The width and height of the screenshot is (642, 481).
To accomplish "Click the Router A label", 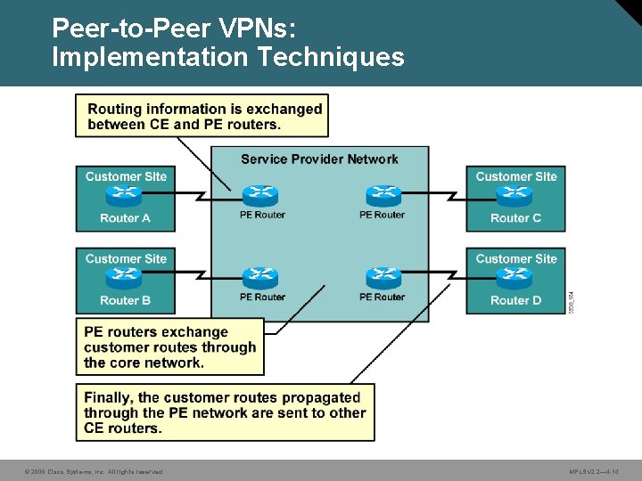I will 126,218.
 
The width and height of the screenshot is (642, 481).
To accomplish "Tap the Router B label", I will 126,300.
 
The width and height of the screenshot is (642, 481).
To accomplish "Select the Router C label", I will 515,218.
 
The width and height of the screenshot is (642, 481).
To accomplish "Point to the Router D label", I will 515,300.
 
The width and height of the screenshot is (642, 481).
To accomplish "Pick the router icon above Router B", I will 126,278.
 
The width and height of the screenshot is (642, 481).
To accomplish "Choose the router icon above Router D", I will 515,278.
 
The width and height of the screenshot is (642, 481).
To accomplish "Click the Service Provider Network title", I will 319,159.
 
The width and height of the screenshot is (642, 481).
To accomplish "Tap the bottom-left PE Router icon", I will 260,277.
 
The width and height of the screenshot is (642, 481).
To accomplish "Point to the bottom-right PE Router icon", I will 383,277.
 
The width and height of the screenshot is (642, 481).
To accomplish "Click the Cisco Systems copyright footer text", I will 94,471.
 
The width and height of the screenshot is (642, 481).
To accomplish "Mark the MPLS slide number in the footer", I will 594,471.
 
